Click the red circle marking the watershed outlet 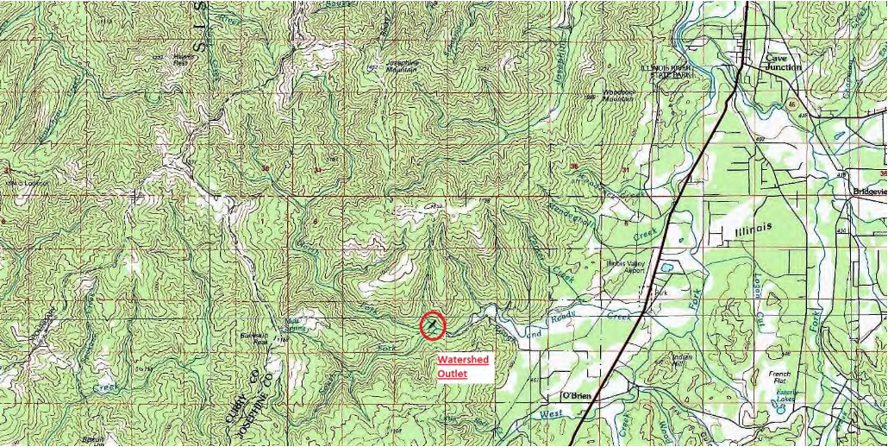tap(432, 325)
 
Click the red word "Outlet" tap(452, 374)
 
